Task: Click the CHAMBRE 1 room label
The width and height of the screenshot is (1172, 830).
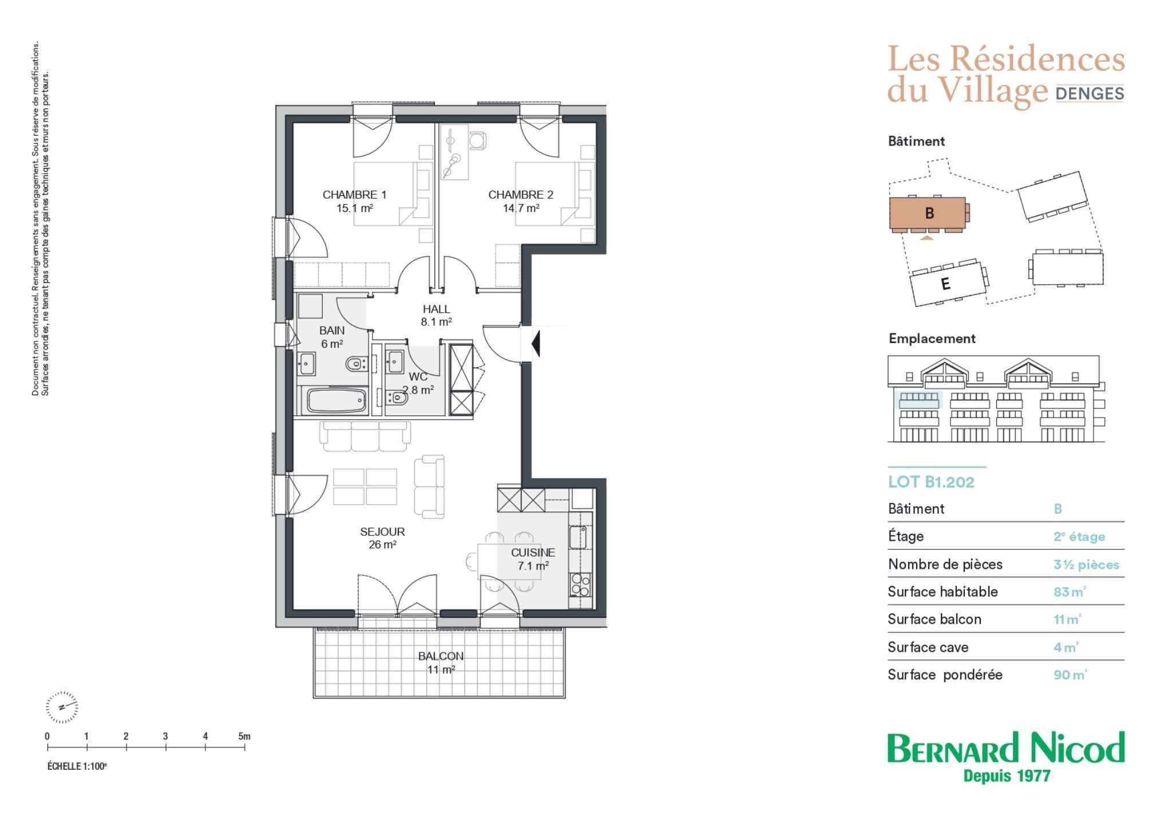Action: (x=354, y=195)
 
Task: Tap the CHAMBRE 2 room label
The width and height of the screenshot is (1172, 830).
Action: (x=521, y=195)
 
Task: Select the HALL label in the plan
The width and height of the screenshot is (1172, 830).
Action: (x=437, y=309)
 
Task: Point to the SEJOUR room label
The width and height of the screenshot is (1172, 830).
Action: (x=382, y=532)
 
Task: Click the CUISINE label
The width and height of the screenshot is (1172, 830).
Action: (x=533, y=553)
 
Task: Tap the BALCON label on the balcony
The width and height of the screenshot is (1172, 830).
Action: (x=441, y=656)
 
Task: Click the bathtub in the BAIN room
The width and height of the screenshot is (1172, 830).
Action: (x=336, y=400)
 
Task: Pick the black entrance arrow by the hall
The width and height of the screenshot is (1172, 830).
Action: (x=536, y=343)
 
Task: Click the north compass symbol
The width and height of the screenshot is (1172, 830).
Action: (x=62, y=706)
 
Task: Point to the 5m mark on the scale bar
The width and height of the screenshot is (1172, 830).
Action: (x=244, y=737)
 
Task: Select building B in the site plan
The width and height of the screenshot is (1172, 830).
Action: (x=929, y=214)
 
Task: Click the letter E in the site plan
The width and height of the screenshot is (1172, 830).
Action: (x=945, y=284)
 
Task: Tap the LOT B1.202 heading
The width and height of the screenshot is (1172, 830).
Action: (x=931, y=482)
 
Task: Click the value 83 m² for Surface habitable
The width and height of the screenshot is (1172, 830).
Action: (x=1070, y=592)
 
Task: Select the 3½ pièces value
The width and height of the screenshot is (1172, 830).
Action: (x=1086, y=565)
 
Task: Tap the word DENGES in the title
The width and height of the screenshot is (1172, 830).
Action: (x=1090, y=93)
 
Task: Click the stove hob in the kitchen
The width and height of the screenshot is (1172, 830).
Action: (x=580, y=584)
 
